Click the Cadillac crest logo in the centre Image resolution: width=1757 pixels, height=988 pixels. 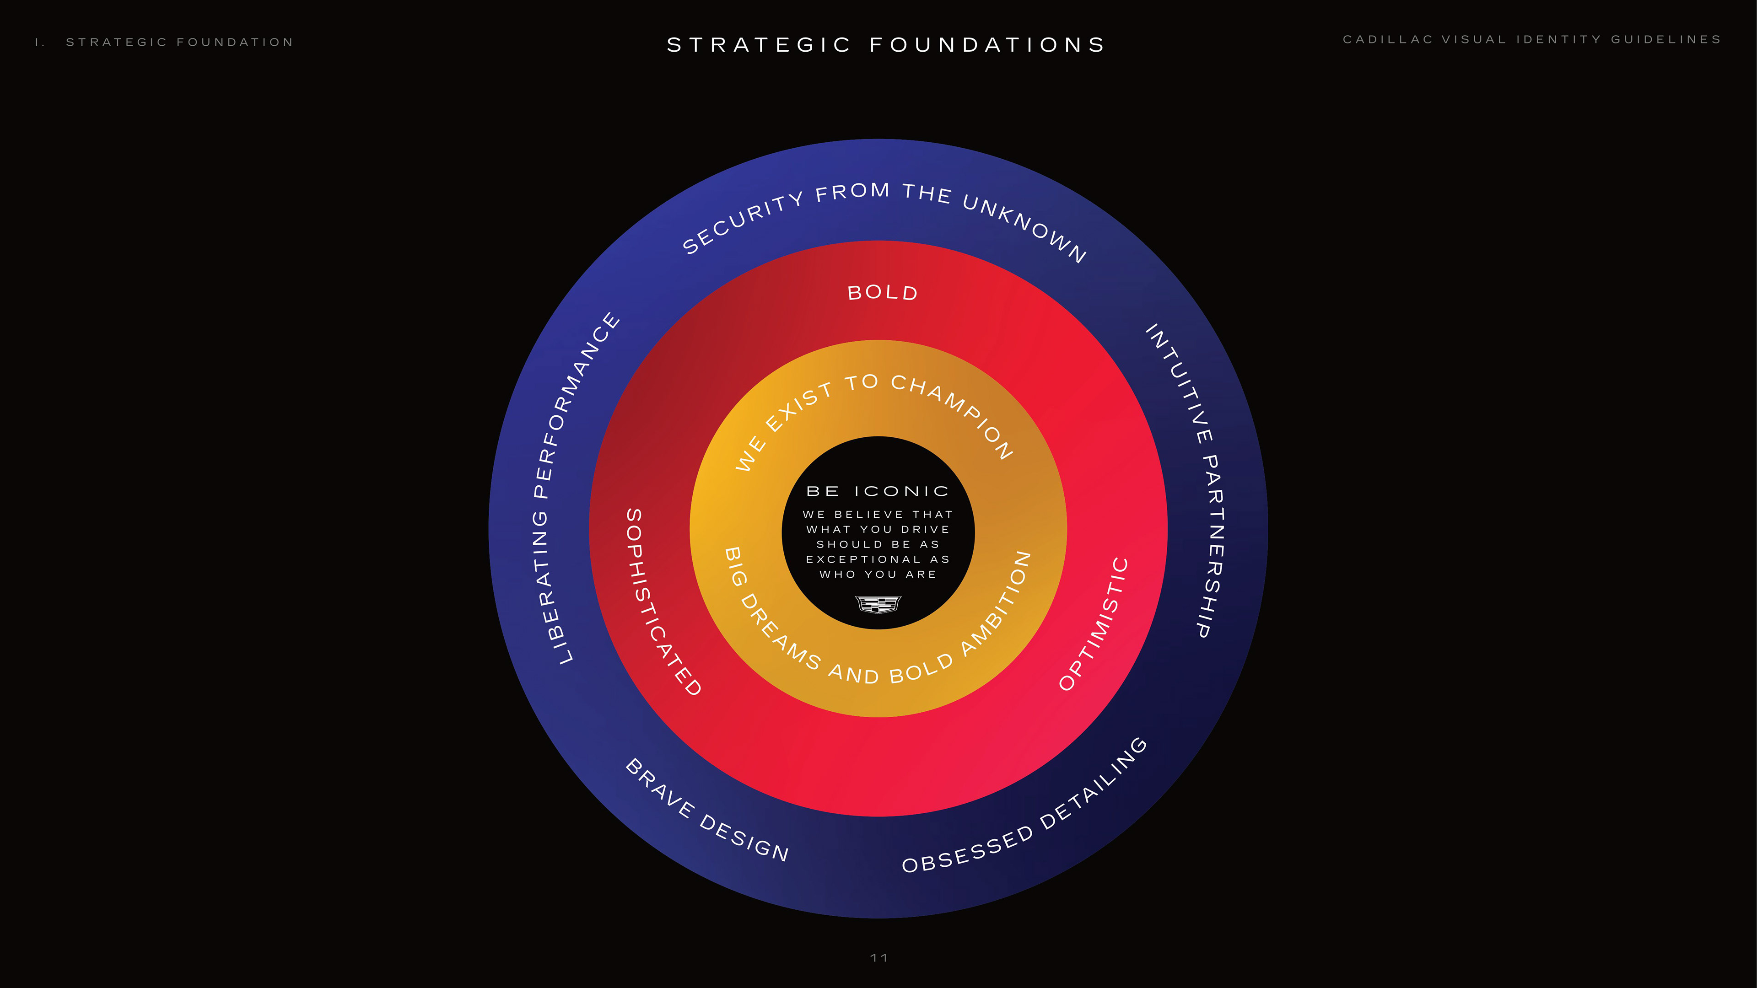coord(878,604)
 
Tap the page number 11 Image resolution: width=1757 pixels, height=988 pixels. coord(878,958)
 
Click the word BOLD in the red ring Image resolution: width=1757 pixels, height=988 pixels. coord(883,293)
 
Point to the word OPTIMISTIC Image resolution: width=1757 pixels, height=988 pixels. coord(1095,624)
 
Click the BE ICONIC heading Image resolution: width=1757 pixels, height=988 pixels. coord(878,491)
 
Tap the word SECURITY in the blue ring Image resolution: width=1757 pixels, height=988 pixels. coord(744,221)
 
